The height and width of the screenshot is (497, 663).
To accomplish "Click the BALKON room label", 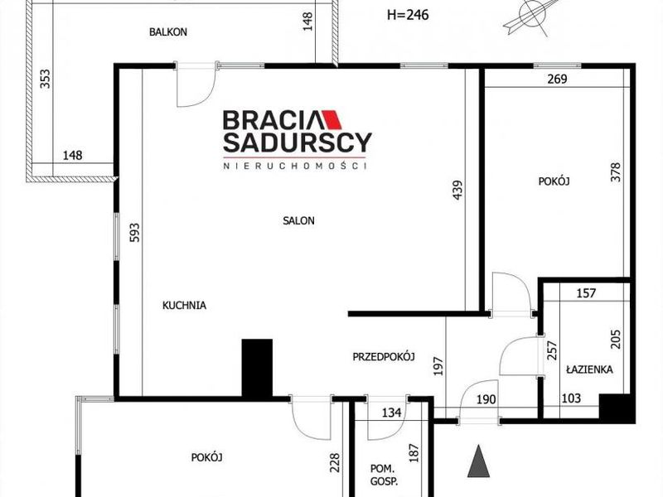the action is [168, 32].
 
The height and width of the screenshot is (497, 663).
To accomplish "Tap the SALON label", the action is [298, 220].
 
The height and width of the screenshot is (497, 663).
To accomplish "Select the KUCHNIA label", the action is [184, 305].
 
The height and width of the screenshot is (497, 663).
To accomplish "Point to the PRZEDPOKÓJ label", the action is [384, 357].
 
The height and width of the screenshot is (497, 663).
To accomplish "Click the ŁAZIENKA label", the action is [589, 369].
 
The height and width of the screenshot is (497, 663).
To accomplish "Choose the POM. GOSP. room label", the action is [384, 475].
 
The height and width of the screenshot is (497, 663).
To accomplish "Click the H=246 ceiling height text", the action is [408, 15].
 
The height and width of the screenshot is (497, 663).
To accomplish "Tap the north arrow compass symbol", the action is [533, 17].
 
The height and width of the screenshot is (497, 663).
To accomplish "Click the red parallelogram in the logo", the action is [332, 119].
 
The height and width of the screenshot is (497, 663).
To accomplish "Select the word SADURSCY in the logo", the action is [298, 142].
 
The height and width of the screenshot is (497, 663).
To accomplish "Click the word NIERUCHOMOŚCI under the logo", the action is [295, 166].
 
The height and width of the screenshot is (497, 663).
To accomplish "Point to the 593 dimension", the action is [134, 233].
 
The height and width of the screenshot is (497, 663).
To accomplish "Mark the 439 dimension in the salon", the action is [457, 191].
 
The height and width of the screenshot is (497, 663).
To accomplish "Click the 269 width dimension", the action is [557, 79].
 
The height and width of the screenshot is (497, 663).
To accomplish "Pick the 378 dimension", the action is [616, 172].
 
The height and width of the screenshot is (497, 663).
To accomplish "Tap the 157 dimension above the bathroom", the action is [586, 293].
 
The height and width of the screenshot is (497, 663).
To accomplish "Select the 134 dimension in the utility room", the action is [391, 412].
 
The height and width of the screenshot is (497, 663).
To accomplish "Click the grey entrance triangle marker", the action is [479, 461].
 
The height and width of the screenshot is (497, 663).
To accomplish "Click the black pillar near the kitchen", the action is [257, 368].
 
